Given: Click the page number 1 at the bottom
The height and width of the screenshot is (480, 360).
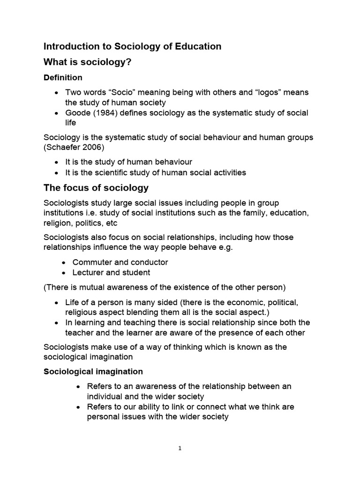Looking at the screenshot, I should pyautogui.click(x=180, y=448).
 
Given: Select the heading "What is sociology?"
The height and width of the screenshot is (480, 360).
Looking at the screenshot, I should pyautogui.click(x=87, y=62).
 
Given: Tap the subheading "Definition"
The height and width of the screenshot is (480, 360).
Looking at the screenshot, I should pyautogui.click(x=63, y=77).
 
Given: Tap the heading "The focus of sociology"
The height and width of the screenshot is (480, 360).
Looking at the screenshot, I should pyautogui.click(x=96, y=188).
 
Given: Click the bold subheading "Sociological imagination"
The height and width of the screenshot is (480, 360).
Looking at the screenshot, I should pyautogui.click(x=93, y=371).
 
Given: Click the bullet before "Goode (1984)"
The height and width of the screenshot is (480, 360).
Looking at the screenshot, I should pyautogui.click(x=57, y=113).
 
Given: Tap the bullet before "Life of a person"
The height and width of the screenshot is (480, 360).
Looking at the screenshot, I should pyautogui.click(x=57, y=302).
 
